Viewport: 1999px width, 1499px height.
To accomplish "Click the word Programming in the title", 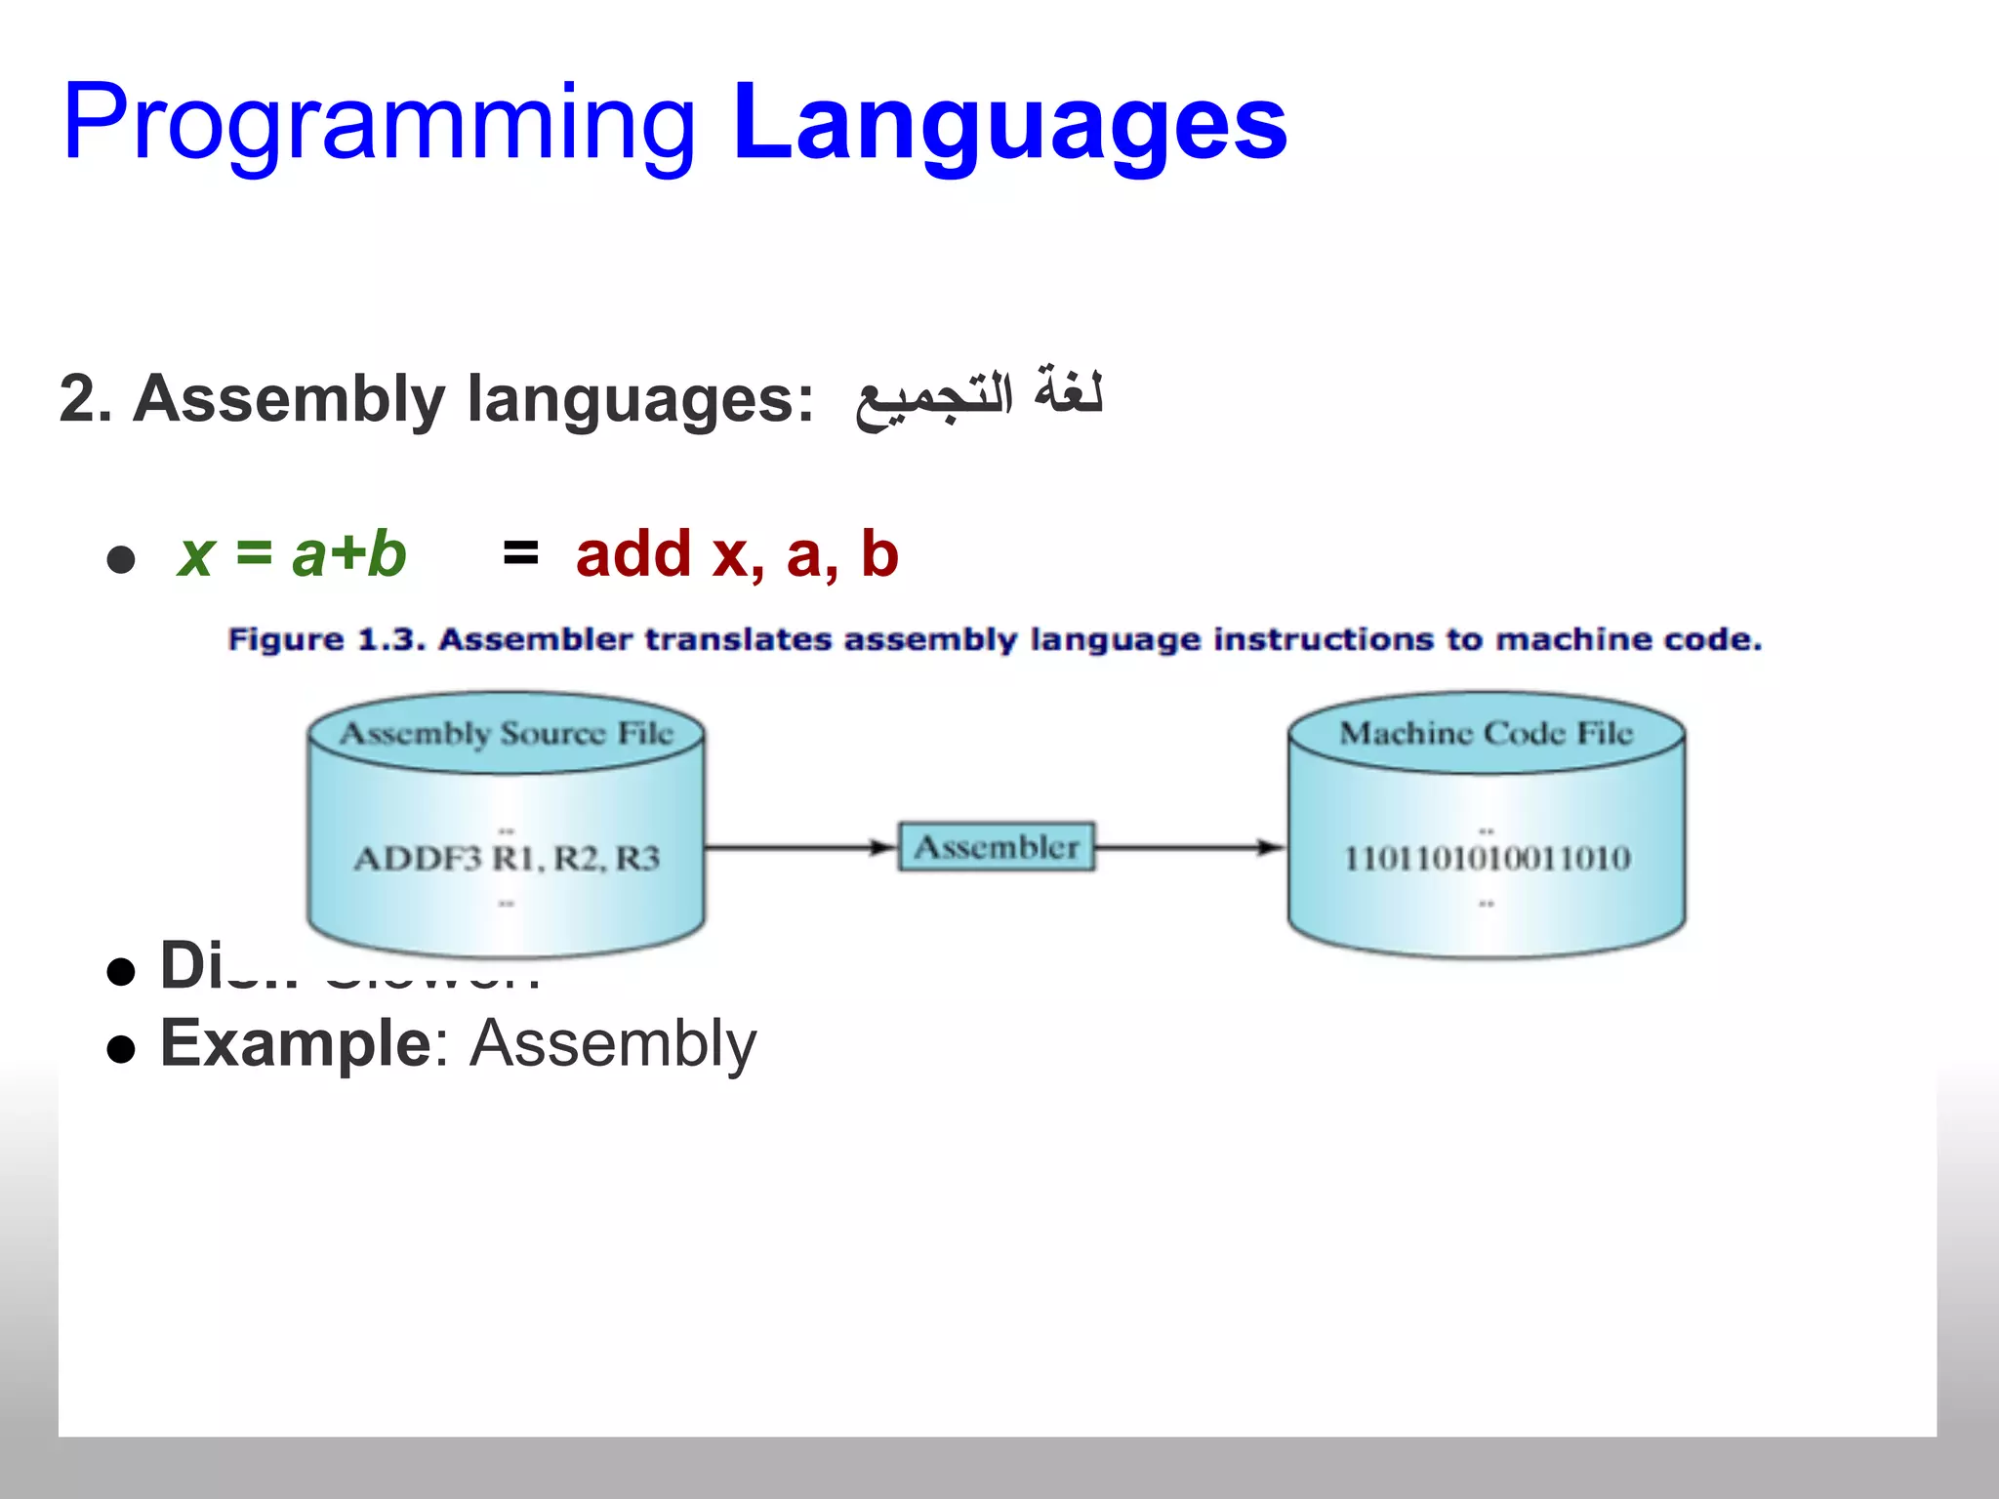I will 379,125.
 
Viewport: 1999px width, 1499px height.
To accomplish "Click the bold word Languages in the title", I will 1009,125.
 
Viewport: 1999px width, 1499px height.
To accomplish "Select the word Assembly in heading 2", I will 289,399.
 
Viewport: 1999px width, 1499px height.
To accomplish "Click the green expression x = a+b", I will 292,554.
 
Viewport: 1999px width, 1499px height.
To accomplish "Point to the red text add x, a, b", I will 737,554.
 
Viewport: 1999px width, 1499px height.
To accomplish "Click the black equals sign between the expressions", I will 520,552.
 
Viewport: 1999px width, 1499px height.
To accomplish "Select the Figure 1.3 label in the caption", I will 327,640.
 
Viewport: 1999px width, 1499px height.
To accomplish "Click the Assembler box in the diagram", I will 996,847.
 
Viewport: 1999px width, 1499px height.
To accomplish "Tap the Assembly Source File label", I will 507,733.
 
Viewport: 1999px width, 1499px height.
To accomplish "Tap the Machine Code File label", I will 1486,733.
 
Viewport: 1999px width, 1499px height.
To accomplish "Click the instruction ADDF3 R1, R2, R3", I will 507,859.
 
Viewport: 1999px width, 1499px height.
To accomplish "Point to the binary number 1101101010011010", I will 1487,859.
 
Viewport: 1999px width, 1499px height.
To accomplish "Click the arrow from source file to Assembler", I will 800,847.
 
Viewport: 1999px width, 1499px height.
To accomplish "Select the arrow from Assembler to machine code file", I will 1189,847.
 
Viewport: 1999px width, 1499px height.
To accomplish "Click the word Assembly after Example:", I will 613,1043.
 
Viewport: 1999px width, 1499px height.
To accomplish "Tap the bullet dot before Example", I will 121,1049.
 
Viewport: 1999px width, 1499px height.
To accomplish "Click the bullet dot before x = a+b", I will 121,559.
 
